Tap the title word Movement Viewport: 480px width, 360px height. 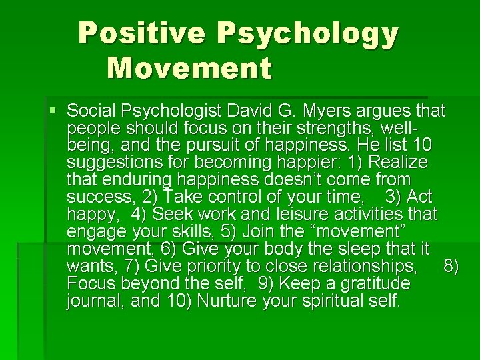189,68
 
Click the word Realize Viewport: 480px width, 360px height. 398,162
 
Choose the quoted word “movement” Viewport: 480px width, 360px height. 360,231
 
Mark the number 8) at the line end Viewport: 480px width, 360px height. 451,267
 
